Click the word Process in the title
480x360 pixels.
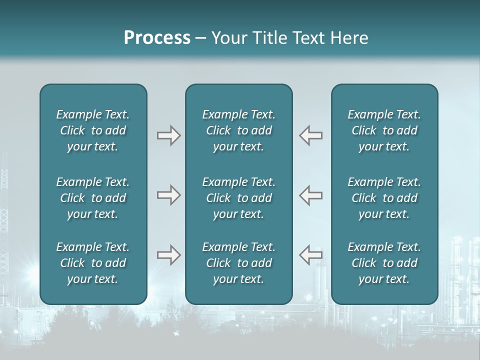point(157,38)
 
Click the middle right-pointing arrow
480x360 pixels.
point(168,195)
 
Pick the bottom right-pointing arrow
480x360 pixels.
point(168,255)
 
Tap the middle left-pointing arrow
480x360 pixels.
point(311,195)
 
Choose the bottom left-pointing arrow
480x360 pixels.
point(311,255)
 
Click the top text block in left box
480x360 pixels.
point(93,130)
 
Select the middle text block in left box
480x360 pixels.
point(93,198)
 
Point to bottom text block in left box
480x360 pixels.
point(93,263)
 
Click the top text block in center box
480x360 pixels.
point(238,130)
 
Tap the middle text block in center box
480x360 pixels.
point(238,198)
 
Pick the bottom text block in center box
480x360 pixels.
point(238,263)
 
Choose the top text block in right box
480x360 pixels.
point(384,130)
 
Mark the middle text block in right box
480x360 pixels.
point(384,198)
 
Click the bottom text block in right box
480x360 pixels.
point(384,263)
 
